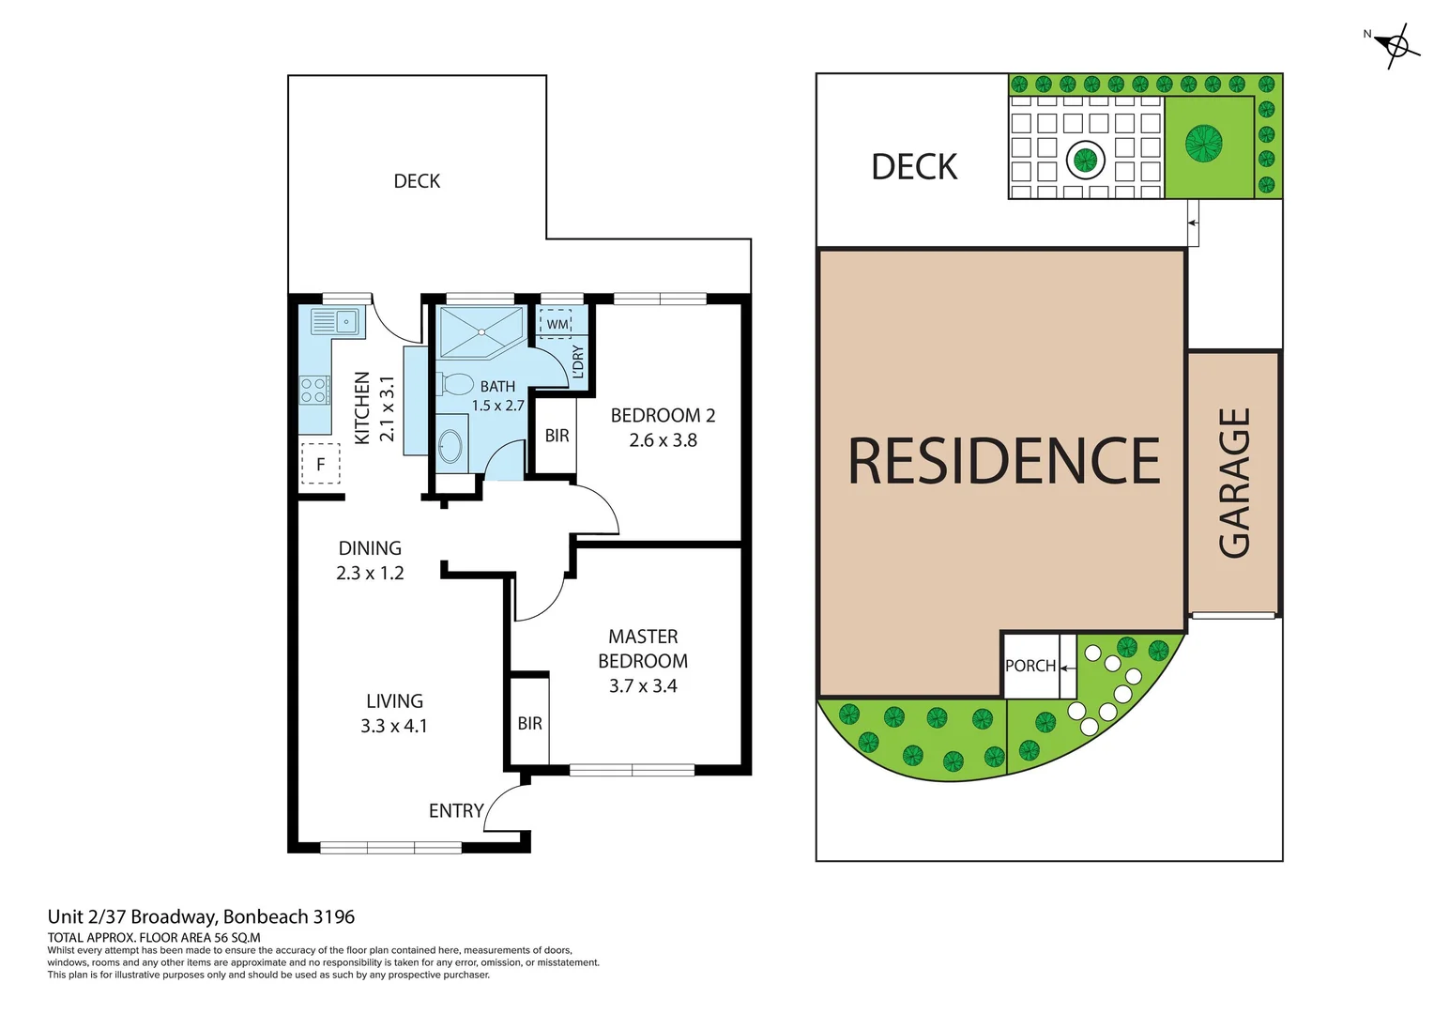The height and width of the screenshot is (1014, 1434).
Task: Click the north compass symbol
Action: click(1396, 45)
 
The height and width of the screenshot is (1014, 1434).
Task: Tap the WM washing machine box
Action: click(557, 324)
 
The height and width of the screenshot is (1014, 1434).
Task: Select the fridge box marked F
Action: click(320, 464)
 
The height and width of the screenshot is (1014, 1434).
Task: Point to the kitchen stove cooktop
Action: click(314, 390)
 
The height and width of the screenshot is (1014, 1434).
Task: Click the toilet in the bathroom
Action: click(455, 384)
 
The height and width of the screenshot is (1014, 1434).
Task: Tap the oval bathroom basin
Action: click(450, 447)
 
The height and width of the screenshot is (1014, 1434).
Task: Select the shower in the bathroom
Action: click(480, 331)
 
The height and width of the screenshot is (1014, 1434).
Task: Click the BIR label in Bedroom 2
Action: click(557, 436)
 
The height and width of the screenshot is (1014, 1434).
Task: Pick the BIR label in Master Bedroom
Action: click(529, 723)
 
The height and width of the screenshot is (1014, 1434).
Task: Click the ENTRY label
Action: click(456, 810)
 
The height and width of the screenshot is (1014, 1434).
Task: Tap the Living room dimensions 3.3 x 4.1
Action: click(393, 726)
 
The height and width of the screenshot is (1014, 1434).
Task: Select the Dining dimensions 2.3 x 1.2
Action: click(370, 573)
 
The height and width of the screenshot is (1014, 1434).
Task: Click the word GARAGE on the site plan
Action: click(1234, 483)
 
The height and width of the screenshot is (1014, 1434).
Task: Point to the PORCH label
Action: click(1030, 666)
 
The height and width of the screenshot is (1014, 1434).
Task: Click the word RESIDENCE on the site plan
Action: click(1003, 461)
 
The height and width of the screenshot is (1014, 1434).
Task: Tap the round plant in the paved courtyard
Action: click(1086, 159)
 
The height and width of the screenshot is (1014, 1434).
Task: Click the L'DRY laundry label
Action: click(578, 362)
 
